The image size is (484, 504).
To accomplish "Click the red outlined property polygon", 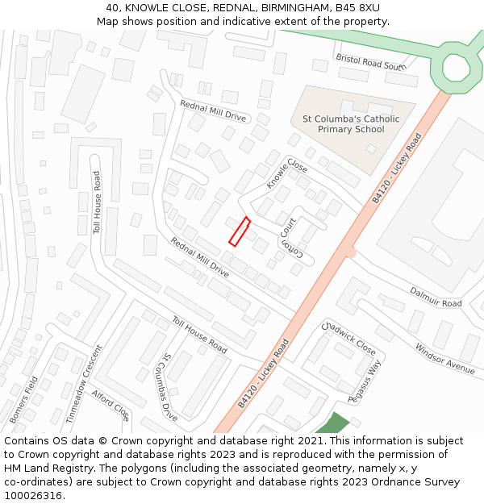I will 240,231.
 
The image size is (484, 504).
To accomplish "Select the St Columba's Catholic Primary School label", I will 351,123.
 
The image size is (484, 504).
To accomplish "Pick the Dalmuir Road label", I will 436,297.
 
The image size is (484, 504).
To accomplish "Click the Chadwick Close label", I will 349,338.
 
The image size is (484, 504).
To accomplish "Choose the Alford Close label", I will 111,406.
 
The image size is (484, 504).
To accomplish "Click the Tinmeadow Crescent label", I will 84,382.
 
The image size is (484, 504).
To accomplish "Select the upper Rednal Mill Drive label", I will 213,110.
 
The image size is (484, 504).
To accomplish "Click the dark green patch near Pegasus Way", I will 332,424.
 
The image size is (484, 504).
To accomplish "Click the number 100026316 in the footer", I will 33,495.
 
